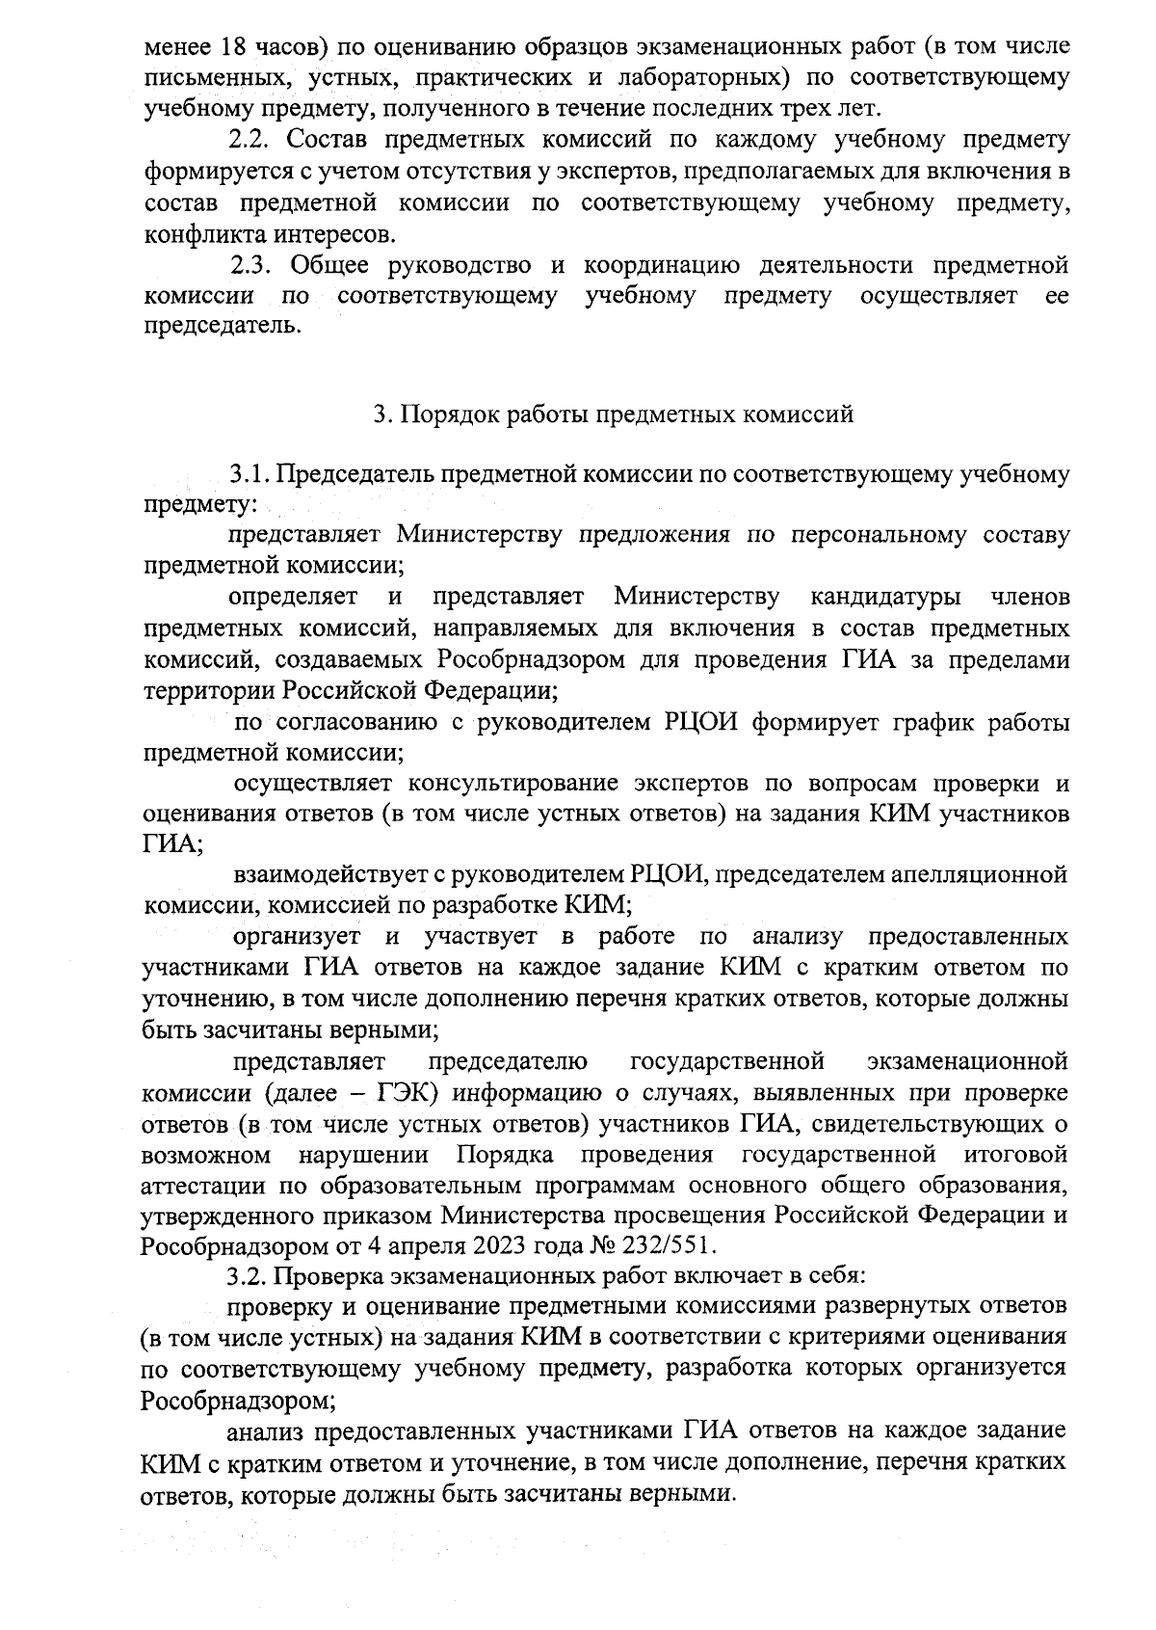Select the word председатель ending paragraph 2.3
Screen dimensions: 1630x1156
coord(221,327)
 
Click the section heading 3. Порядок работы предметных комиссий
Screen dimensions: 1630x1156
coord(614,414)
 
